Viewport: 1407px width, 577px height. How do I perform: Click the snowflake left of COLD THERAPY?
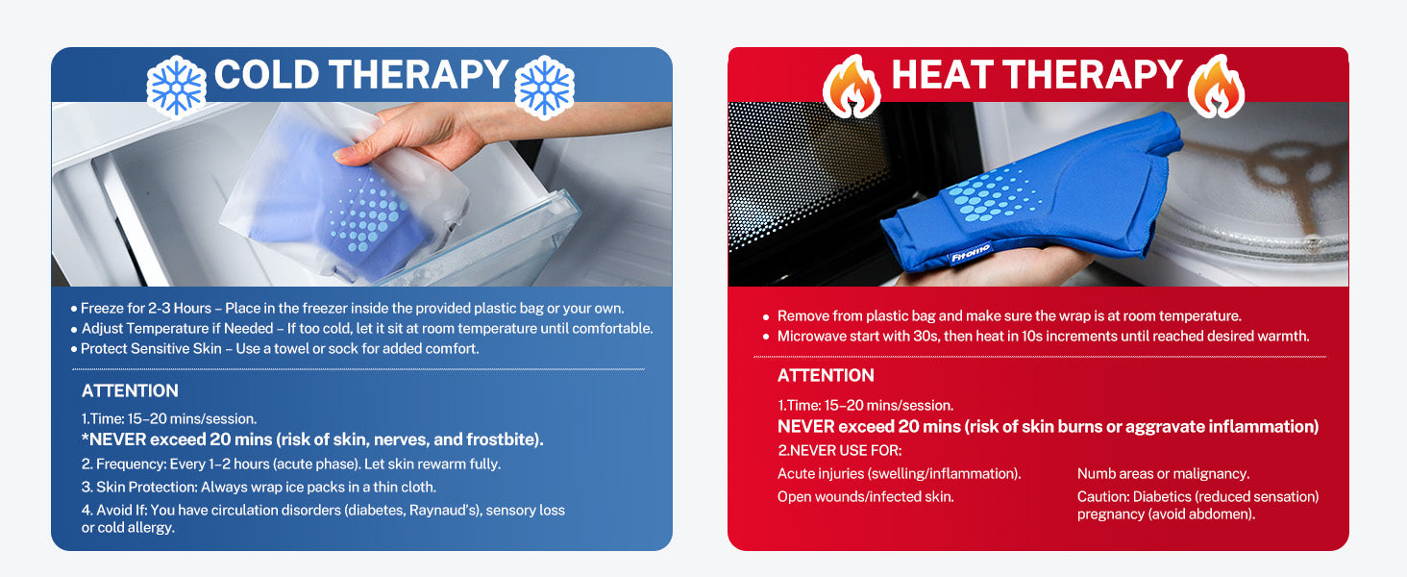click(x=176, y=87)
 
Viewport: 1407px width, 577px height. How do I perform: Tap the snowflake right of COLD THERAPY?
click(x=544, y=88)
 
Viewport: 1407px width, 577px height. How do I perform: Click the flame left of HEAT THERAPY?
click(x=852, y=87)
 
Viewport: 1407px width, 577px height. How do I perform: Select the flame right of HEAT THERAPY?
click(x=1216, y=87)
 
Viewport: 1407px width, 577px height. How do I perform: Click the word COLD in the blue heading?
click(x=267, y=75)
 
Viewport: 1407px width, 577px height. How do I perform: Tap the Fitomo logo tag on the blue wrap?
click(x=970, y=254)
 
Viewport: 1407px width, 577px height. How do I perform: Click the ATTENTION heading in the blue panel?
click(x=130, y=391)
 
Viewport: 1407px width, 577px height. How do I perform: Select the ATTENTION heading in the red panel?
click(x=826, y=375)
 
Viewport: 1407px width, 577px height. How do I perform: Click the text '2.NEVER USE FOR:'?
click(x=840, y=451)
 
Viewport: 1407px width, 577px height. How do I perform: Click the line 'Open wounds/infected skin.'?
click(x=866, y=496)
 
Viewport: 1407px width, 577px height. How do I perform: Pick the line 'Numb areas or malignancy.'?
click(x=1163, y=474)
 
